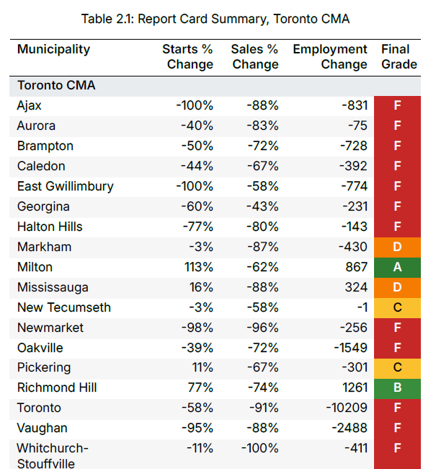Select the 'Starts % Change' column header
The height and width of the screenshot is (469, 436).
point(189,56)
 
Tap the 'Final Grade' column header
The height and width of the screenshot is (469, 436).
point(399,56)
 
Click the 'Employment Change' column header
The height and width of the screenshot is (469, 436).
point(330,56)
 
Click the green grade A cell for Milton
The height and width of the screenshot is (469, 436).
point(397,267)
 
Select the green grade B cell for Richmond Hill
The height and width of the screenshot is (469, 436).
point(397,388)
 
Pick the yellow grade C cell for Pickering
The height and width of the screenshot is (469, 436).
point(397,368)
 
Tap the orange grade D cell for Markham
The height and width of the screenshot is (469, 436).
point(397,247)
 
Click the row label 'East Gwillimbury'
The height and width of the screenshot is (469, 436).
point(65,186)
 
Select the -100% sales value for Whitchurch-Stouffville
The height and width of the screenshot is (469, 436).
point(258,449)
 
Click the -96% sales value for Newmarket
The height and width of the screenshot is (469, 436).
point(262,328)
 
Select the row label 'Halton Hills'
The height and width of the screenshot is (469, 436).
point(50,227)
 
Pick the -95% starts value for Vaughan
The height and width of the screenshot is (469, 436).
point(195,429)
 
